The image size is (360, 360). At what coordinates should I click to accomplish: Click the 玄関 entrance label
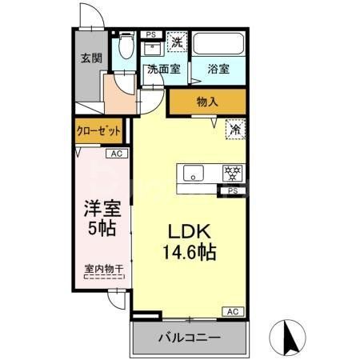point(90,58)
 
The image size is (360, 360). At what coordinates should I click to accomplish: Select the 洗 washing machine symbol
point(178,41)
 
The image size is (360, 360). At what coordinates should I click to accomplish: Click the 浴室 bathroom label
point(219,69)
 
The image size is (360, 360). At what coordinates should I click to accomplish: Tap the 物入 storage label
point(207,102)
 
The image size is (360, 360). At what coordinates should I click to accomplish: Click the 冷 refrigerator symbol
point(236,127)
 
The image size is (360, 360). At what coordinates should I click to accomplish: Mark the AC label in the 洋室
point(116,154)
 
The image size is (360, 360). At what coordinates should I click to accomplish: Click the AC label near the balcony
point(233,311)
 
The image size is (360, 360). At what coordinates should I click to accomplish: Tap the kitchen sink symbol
point(194,174)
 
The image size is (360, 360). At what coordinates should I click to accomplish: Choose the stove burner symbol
point(232,174)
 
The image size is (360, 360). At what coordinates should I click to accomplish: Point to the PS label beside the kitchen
point(233,190)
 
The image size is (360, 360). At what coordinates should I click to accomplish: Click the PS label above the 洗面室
point(150,34)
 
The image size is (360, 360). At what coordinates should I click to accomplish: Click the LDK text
point(189,230)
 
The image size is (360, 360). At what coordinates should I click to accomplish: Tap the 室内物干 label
point(103,270)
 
